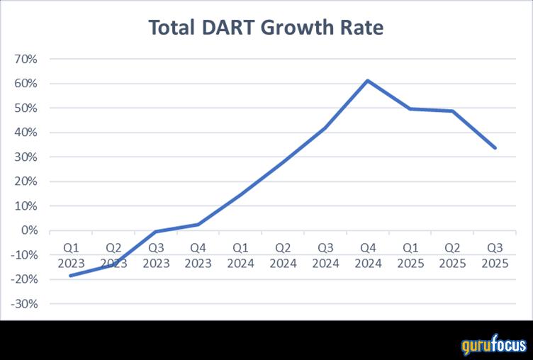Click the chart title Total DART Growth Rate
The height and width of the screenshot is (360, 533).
tap(266, 28)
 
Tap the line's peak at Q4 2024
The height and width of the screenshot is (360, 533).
tap(368, 80)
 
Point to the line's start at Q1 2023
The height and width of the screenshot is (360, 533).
tap(71, 276)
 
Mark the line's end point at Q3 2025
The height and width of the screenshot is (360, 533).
tap(495, 148)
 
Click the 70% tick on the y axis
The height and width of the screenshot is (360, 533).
tap(26, 59)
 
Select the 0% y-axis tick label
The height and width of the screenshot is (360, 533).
tap(29, 230)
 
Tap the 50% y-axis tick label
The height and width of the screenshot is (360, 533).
tap(26, 108)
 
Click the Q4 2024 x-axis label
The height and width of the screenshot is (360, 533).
tap(368, 256)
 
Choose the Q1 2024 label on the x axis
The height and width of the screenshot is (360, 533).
tap(240, 256)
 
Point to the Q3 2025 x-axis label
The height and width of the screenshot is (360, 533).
tap(495, 256)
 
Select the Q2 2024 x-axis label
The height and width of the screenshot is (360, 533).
tap(283, 256)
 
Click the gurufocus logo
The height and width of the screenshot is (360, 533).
tap(494, 346)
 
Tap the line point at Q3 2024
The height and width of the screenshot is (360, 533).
tap(325, 128)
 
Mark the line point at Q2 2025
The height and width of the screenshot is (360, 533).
tap(452, 111)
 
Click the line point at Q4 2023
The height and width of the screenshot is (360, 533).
tap(198, 224)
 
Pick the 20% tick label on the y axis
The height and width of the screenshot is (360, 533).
tap(26, 181)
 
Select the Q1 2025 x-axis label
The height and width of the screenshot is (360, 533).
tap(410, 256)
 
